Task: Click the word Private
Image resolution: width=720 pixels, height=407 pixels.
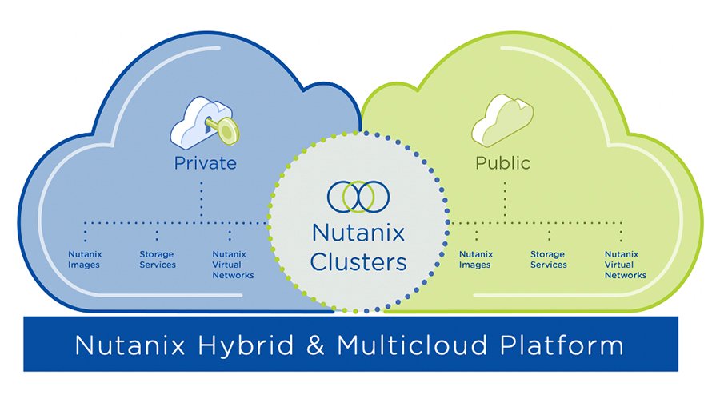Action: [206, 163]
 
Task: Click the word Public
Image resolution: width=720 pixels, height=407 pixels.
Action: [502, 163]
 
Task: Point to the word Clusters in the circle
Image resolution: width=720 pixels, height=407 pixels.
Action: [358, 261]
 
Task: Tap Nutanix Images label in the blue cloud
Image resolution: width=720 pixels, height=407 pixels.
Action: [84, 260]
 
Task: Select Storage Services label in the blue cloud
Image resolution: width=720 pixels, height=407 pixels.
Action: [158, 260]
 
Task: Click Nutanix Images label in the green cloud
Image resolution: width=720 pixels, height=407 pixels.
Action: [475, 260]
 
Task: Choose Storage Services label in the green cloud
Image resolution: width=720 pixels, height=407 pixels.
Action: [548, 260]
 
